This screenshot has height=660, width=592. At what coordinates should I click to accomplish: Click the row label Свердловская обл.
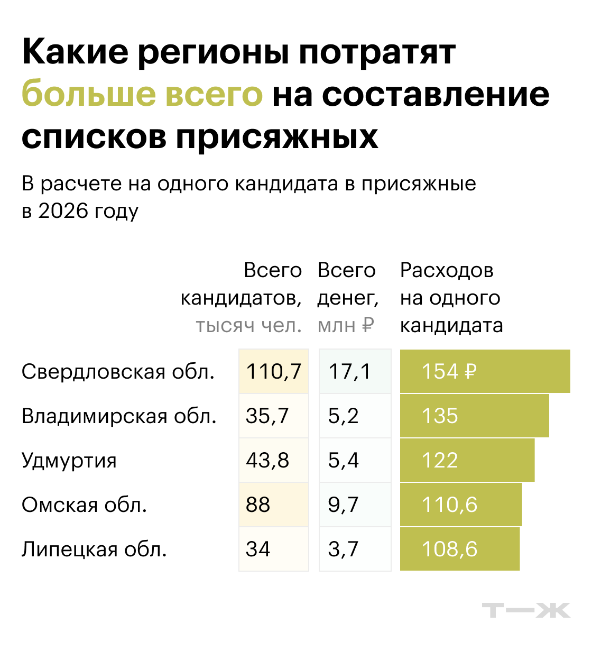click(x=118, y=372)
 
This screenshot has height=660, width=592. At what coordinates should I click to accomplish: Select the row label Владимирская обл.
click(x=119, y=416)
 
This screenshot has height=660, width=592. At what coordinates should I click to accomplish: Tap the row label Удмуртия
click(x=69, y=461)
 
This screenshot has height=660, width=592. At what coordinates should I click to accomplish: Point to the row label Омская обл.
click(x=84, y=505)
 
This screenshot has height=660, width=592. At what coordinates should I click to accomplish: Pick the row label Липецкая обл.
click(x=94, y=549)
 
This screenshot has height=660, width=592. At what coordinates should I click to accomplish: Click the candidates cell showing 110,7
click(x=273, y=371)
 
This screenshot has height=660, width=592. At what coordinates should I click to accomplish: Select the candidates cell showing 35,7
click(x=273, y=416)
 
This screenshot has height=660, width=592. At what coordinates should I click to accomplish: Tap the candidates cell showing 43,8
click(x=273, y=460)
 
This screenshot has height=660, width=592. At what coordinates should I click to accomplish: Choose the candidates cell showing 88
click(x=273, y=505)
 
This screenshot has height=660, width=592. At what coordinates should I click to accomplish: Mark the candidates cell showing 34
click(x=273, y=549)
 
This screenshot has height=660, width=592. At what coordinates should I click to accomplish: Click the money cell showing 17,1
click(x=355, y=371)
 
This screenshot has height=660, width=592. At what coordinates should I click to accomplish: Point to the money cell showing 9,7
click(x=355, y=505)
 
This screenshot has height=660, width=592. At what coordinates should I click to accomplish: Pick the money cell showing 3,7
click(x=355, y=549)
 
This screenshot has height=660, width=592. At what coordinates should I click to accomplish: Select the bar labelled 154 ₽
click(x=485, y=371)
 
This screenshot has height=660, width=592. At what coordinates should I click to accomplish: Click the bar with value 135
click(x=474, y=416)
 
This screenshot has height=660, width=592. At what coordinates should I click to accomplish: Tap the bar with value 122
click(x=467, y=460)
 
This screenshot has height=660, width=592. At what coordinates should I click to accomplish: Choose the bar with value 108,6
click(x=459, y=549)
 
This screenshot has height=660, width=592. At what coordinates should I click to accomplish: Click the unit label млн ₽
click(x=346, y=326)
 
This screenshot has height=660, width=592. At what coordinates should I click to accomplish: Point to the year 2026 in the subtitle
click(x=63, y=211)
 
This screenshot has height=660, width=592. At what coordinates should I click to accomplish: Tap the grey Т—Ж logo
click(x=526, y=610)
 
